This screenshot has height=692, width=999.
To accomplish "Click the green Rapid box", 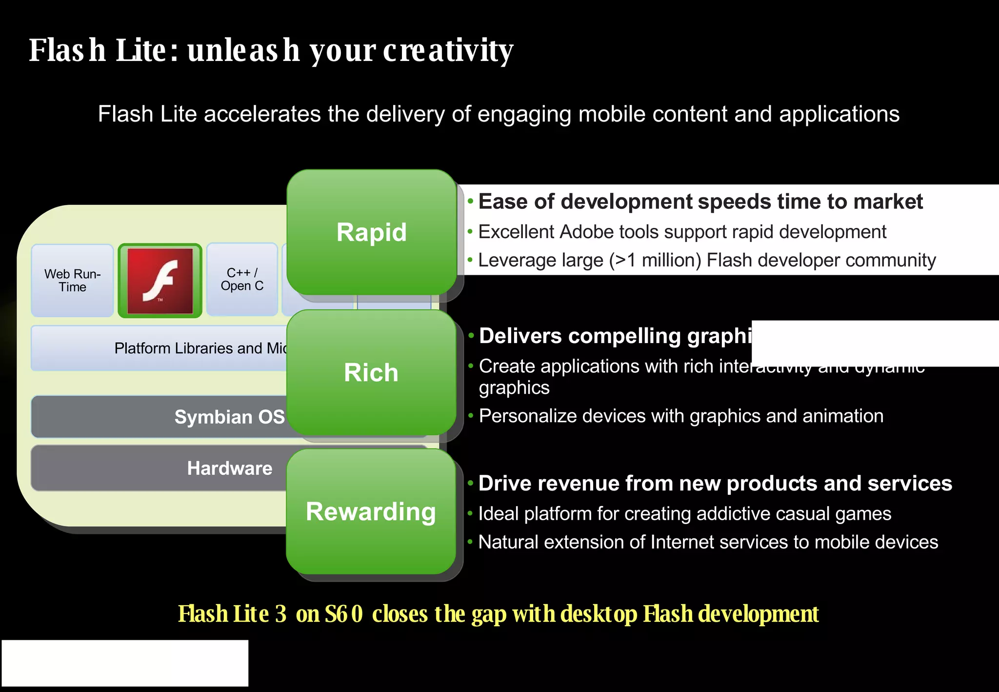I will [371, 232].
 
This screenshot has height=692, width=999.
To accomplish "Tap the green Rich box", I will [371, 372].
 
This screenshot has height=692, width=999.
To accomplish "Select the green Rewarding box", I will [371, 511].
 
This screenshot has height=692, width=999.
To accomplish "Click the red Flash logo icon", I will [160, 281].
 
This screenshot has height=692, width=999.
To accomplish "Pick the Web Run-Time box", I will [72, 281].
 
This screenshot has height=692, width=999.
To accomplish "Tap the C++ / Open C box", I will [242, 280].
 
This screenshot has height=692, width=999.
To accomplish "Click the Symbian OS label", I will [229, 417].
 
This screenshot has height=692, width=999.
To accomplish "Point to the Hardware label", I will [229, 468].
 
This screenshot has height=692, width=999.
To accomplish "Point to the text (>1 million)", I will [655, 261].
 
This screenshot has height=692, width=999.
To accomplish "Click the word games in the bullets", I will [863, 514].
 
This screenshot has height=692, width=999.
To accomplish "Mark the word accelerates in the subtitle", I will [262, 114].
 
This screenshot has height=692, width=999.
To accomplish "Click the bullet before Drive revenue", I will [470, 484].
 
